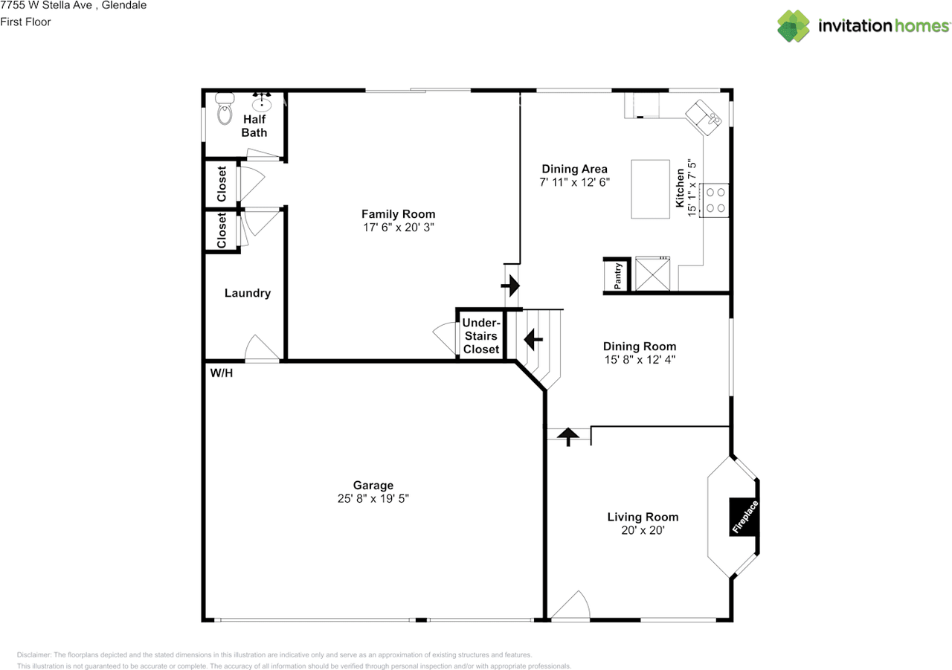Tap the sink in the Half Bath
262,103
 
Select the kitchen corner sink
703,117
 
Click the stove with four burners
715,199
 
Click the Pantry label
617,276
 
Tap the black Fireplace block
743,516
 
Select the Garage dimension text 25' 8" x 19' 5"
373,499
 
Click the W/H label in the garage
222,373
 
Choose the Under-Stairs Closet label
480,336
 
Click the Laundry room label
248,293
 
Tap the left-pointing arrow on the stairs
533,340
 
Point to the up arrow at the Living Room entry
569,436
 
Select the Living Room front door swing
571,606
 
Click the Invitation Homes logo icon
794,26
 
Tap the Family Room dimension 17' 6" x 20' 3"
398,228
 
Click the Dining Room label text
639,347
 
